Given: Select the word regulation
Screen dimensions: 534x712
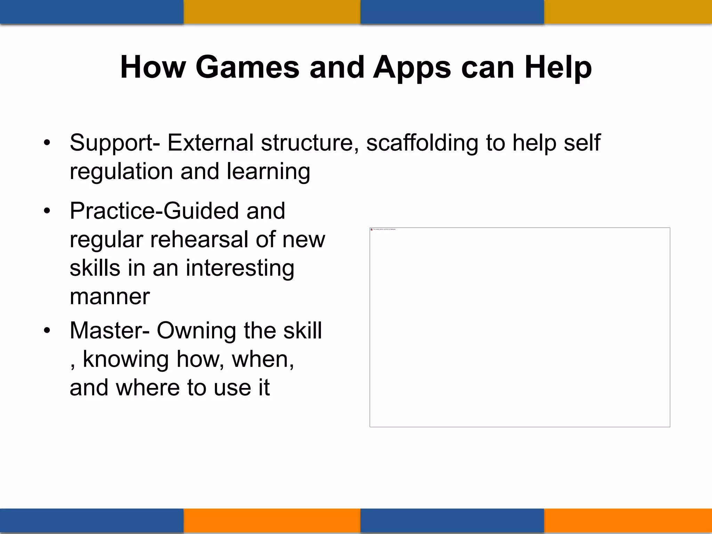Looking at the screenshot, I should pyautogui.click(x=121, y=172).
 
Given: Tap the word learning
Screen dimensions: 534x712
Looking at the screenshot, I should pyautogui.click(x=268, y=172).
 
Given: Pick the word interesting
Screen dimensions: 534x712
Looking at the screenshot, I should pyautogui.click(x=240, y=269).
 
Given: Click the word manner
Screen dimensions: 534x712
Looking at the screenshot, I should pyautogui.click(x=110, y=297).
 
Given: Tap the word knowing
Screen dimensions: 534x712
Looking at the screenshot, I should pyautogui.click(x=126, y=359).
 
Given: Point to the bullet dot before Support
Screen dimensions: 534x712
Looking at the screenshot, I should pyautogui.click(x=47, y=143).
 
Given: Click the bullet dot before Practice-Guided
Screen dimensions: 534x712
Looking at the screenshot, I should pyautogui.click(x=47, y=211).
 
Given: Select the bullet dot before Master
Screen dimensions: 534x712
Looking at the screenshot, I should pyautogui.click(x=47, y=330).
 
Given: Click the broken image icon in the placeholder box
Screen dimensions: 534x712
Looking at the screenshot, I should pyautogui.click(x=372, y=229).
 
